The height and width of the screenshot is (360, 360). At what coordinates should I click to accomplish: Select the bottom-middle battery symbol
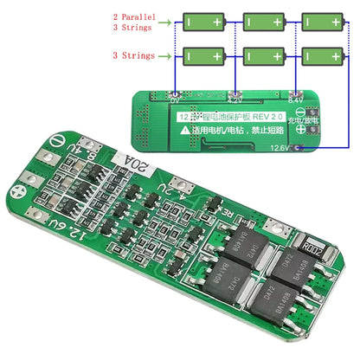pyautogui.click(x=264, y=56)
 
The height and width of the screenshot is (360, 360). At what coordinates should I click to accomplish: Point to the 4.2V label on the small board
pyautogui.click(x=235, y=99)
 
